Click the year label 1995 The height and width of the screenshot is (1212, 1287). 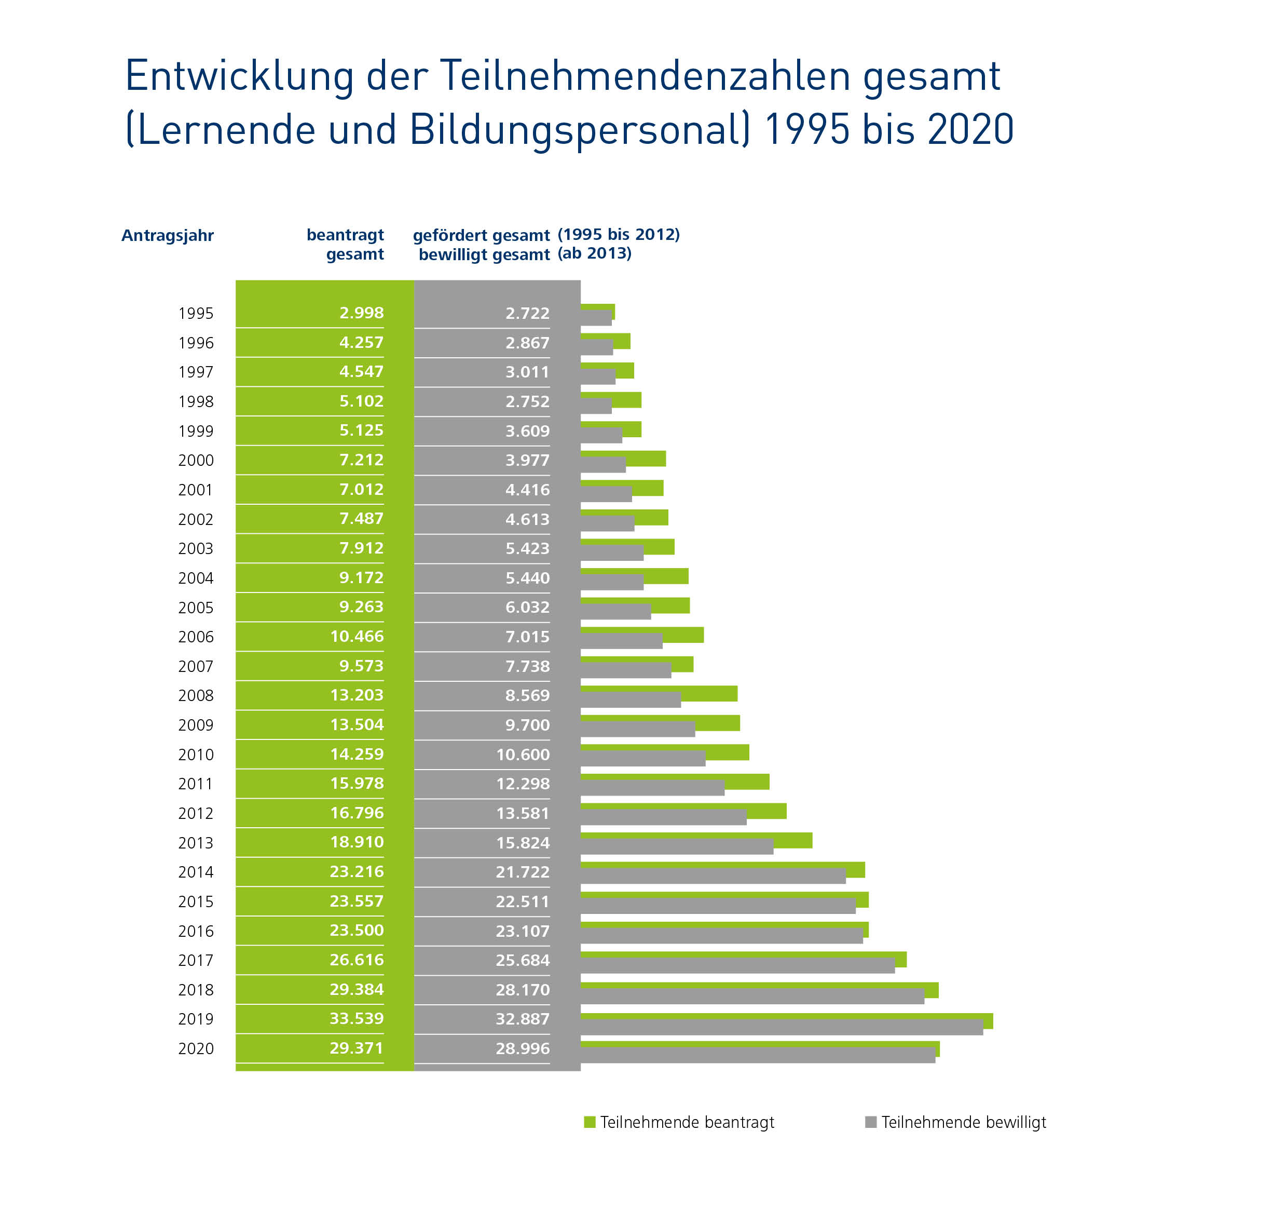point(196,314)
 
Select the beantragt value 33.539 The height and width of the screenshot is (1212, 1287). point(356,1018)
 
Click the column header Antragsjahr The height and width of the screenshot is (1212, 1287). point(167,235)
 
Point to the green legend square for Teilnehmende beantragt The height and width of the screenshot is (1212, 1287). point(589,1122)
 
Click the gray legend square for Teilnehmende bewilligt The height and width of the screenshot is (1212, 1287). point(871,1122)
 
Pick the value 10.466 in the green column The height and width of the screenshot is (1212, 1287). point(357,636)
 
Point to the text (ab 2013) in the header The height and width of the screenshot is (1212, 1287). point(594,253)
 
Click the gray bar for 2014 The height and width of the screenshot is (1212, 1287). point(712,876)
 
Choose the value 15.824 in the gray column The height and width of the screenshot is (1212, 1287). point(523,843)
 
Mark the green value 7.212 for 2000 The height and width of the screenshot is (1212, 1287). point(361,460)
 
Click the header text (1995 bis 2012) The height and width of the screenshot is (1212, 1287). point(618,235)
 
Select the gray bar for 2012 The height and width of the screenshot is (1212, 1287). point(664,817)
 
